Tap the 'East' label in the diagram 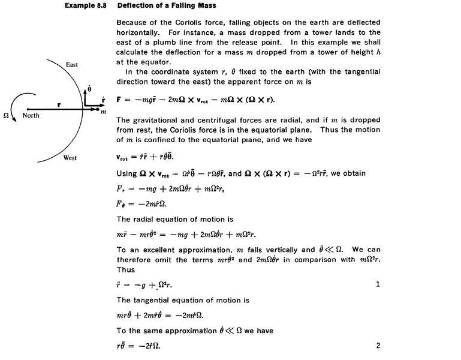[x=71, y=64]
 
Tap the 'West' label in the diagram [x=71, y=158]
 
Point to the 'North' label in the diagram [x=32, y=115]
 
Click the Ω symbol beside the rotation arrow [x=7, y=115]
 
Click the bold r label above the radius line [x=59, y=104]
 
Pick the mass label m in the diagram [x=104, y=112]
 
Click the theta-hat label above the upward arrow [x=89, y=88]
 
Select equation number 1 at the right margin [x=378, y=283]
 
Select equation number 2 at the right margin [x=378, y=345]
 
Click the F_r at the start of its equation [x=120, y=188]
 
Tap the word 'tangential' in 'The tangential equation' [x=156, y=299]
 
